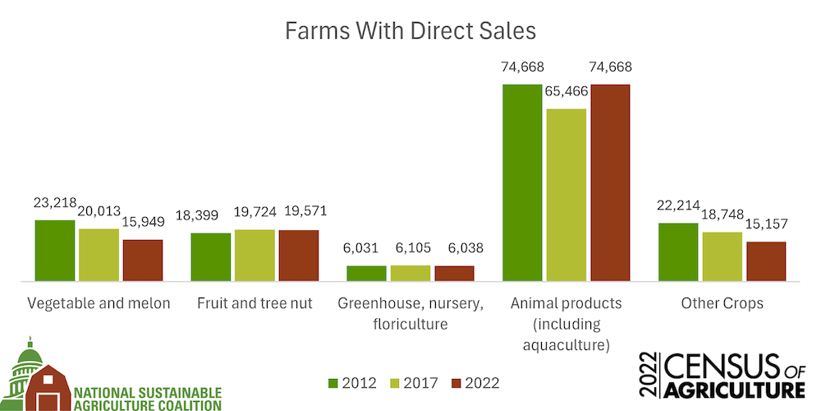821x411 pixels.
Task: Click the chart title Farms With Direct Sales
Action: click(x=410, y=31)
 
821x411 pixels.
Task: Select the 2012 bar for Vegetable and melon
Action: click(x=55, y=251)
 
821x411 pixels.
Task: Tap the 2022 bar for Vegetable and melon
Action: click(x=143, y=261)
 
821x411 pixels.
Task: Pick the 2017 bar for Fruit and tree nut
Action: click(x=254, y=256)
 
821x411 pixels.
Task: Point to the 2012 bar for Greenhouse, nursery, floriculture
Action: click(x=366, y=274)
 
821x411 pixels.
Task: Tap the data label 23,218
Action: click(x=55, y=203)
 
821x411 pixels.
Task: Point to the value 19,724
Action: click(x=254, y=212)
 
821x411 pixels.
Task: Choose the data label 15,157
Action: click(x=766, y=224)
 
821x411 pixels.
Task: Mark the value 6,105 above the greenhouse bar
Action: click(x=410, y=248)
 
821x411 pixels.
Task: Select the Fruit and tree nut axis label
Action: click(x=255, y=303)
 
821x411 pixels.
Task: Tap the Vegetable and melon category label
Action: click(x=99, y=303)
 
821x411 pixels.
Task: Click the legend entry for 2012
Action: click(x=352, y=382)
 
